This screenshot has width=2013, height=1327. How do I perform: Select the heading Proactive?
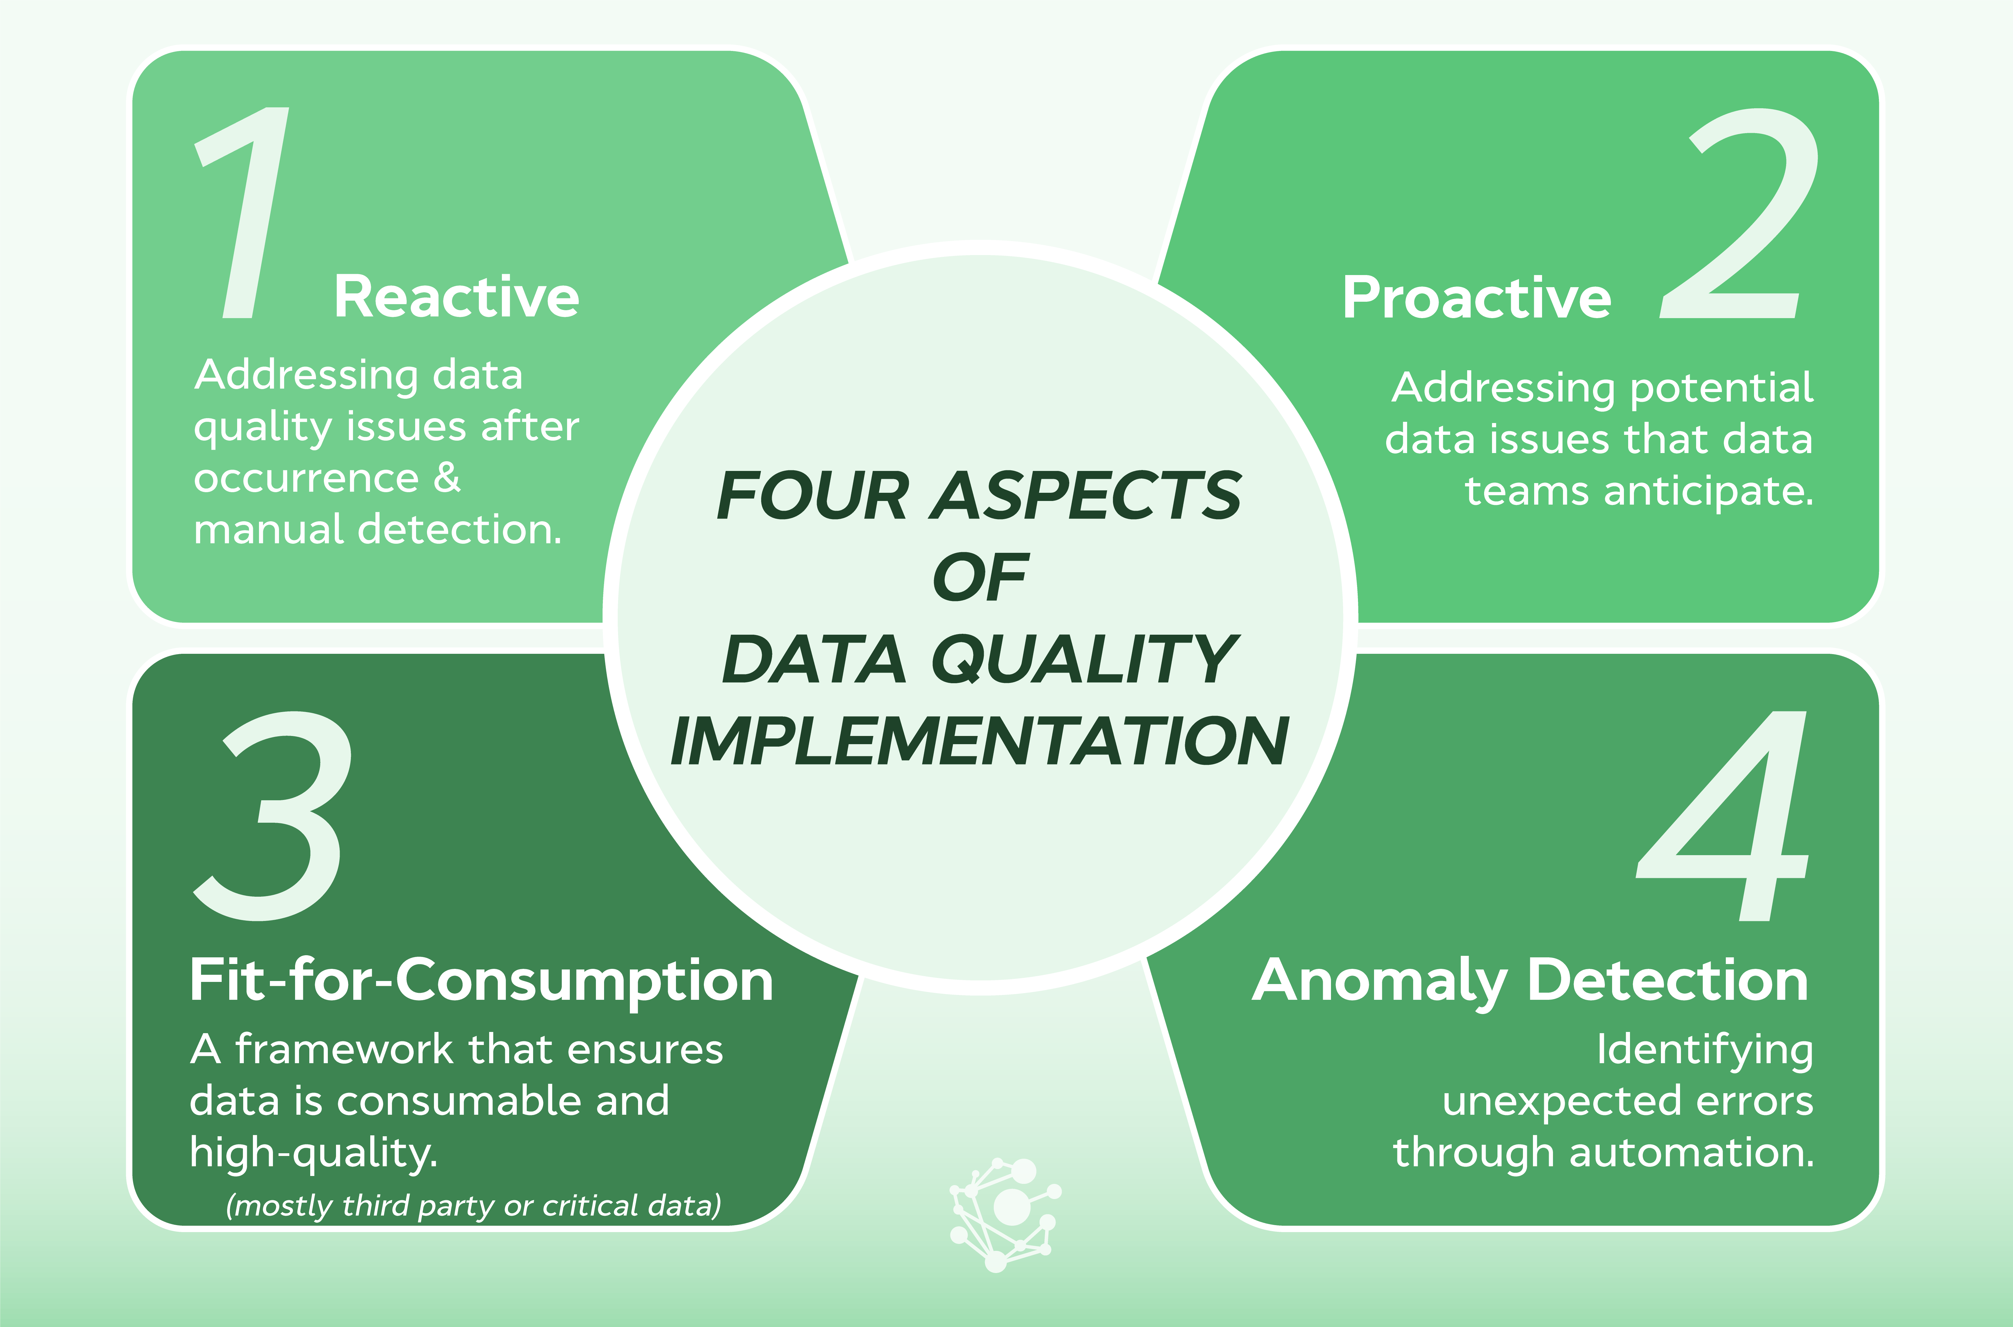tap(1477, 298)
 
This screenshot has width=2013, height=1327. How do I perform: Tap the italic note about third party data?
tap(474, 1205)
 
